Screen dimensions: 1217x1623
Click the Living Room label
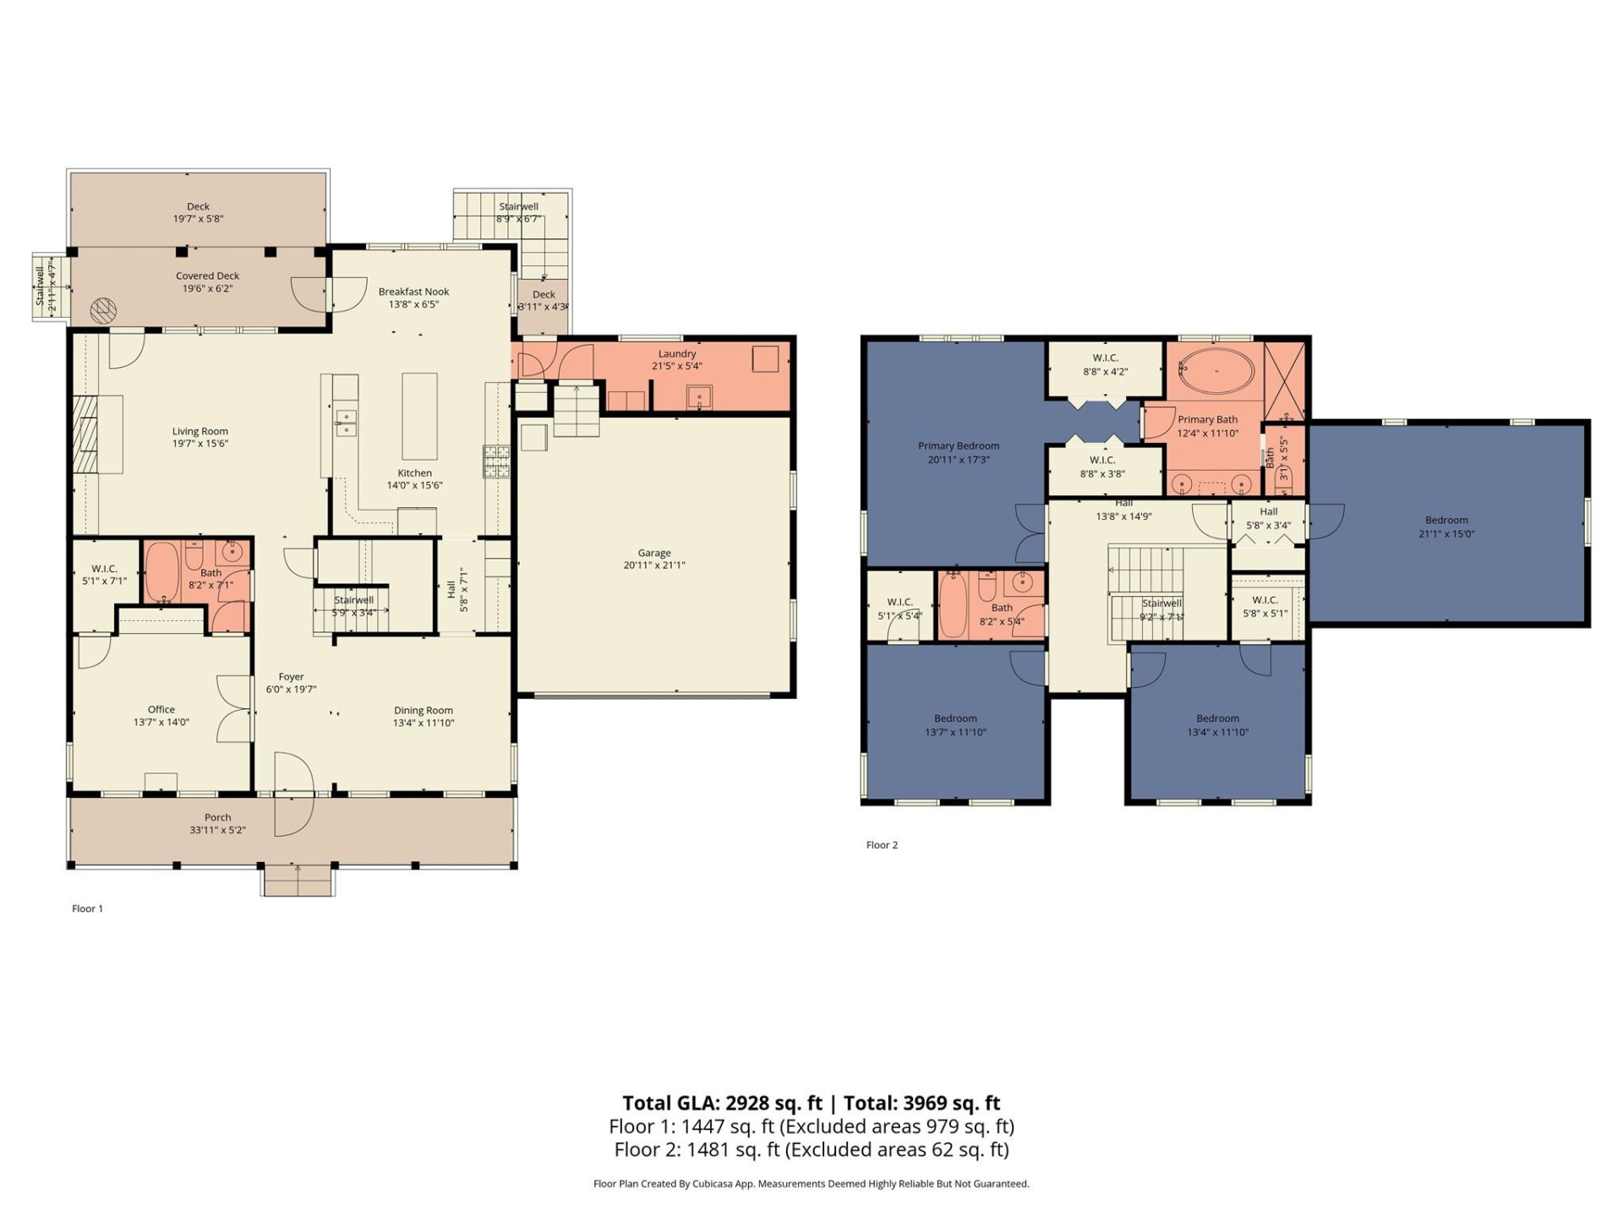click(x=200, y=431)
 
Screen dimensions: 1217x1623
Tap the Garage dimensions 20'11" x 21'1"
click(x=654, y=565)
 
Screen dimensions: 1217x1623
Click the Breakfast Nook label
click(x=413, y=292)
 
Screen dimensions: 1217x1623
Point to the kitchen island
click(x=419, y=416)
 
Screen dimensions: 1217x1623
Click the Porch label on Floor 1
click(x=217, y=817)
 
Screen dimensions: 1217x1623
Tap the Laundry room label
click(x=676, y=353)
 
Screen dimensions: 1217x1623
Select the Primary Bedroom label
click(x=959, y=446)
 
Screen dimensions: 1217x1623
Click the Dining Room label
click(x=423, y=711)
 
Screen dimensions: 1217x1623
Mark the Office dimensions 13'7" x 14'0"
click(x=161, y=723)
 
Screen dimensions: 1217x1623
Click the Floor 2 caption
click(x=882, y=845)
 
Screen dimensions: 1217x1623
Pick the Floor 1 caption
click(x=87, y=909)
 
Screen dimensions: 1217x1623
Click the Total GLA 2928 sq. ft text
click(x=722, y=1103)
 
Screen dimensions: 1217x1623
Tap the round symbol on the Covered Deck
click(x=102, y=310)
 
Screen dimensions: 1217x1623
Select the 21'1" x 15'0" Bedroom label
click(x=1446, y=521)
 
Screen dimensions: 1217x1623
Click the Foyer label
click(x=291, y=677)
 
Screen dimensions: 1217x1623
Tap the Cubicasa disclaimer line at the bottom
click(x=811, y=1184)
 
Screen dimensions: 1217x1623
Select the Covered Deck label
click(x=207, y=276)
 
